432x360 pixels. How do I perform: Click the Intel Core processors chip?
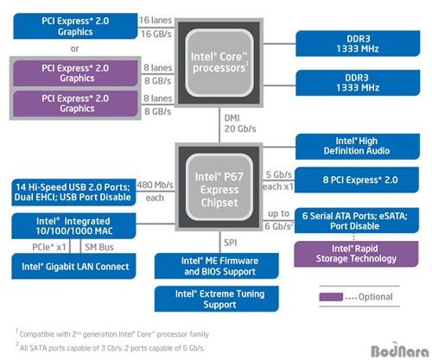pos(219,63)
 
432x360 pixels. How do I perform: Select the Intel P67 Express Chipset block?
pos(219,187)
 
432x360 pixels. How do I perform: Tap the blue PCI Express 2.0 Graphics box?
pos(75,26)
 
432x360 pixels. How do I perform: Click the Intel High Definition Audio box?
pos(358,146)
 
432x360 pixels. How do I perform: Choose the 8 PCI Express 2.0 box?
pos(357,180)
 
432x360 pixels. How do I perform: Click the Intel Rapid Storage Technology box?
pos(356,254)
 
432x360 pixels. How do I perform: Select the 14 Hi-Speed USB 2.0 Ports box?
pos(73,193)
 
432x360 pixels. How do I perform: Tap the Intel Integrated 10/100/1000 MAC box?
pos(73,226)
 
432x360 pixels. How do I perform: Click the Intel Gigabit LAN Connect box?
pos(73,266)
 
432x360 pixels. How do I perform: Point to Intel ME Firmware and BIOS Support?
pos(217,266)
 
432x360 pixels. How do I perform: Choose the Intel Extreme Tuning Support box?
pos(217,299)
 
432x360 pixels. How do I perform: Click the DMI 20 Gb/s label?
pos(240,123)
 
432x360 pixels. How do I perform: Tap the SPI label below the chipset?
pos(231,243)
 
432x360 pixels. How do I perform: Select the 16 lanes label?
pos(156,20)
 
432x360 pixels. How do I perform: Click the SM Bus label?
pos(99,247)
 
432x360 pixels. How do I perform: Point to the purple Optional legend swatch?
pos(331,297)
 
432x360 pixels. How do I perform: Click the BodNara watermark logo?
pos(400,351)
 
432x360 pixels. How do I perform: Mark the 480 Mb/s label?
pos(156,185)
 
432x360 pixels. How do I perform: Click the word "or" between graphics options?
pos(74,48)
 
